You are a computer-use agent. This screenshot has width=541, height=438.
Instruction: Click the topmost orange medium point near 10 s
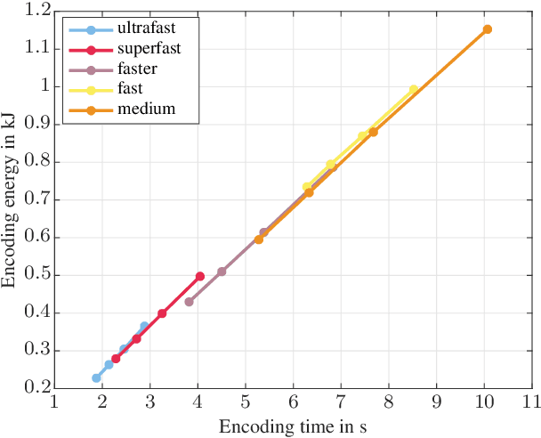coord(487,29)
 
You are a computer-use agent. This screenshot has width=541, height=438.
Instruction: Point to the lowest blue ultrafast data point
coord(96,378)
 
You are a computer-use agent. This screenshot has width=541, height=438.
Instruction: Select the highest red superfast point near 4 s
coord(200,276)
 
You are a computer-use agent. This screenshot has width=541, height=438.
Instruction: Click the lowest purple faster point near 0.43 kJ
coord(189,302)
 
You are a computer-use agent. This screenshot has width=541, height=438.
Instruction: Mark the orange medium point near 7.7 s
coord(374,132)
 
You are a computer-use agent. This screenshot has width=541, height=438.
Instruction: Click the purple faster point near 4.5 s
coord(222,272)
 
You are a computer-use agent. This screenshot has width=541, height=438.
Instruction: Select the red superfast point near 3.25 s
coord(162,313)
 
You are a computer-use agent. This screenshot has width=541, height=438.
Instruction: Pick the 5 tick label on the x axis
coord(246,401)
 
